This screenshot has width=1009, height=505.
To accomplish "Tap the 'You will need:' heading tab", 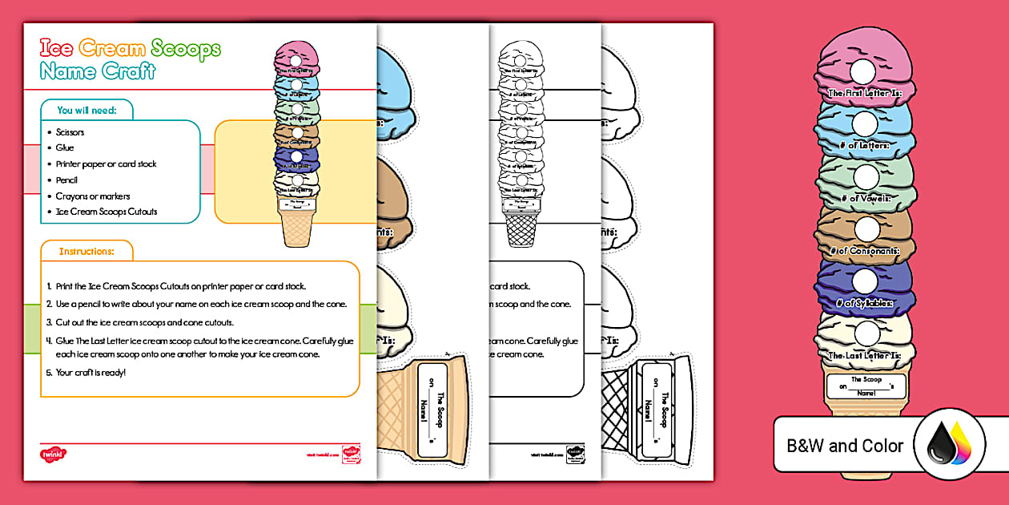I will coord(86,111).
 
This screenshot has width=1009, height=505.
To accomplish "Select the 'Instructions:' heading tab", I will coord(86,252).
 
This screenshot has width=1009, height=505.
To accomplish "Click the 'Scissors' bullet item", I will coord(70,132).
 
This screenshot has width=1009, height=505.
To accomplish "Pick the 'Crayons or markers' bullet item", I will coord(92,196).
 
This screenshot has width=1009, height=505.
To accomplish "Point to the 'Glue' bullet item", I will coord(65,148).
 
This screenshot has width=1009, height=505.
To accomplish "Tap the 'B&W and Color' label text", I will coord(845,446).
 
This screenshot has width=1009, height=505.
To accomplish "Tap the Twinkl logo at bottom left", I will coord(52,454).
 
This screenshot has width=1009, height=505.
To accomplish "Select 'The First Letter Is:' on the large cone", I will coord(865,94).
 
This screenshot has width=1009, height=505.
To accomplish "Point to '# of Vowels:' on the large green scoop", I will coord(865,198).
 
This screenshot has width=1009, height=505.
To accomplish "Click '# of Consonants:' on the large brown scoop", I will coord(865,251).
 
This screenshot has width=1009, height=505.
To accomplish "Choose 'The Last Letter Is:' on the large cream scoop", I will coord(865,355).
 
